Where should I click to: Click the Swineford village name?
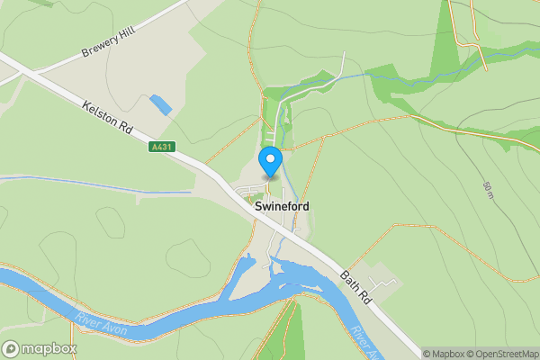click(x=282, y=206)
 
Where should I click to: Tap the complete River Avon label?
click(x=101, y=325)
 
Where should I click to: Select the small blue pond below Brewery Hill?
click(x=161, y=103)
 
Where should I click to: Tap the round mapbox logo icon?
click(x=12, y=348)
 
